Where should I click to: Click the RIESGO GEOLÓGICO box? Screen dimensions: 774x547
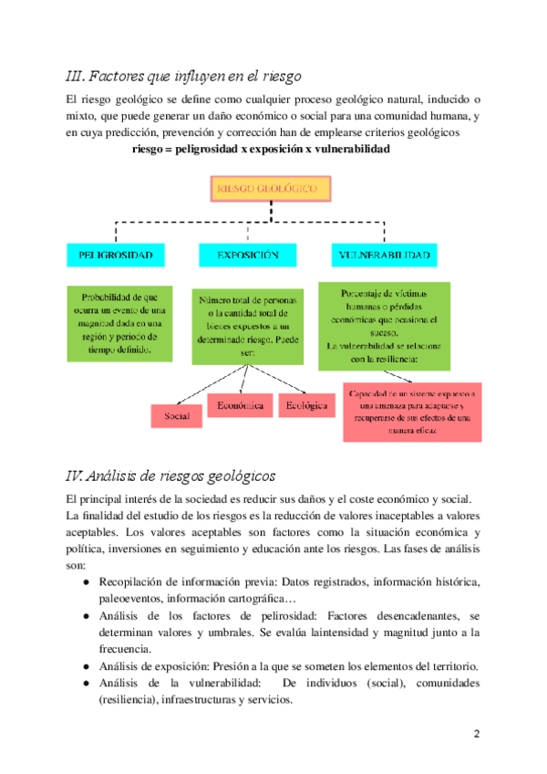click(273, 189)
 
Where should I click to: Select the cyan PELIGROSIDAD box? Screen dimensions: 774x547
click(115, 255)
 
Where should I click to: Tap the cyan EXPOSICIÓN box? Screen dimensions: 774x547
click(248, 255)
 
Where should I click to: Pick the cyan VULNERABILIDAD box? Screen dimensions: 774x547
click(383, 255)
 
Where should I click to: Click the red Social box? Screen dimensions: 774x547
click(177, 415)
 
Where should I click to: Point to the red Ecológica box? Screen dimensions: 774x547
click(306, 404)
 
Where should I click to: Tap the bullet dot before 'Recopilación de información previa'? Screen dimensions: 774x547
click(85, 581)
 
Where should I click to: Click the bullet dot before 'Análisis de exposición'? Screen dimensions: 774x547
click(85, 666)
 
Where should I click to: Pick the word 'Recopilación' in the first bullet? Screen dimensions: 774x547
click(133, 581)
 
